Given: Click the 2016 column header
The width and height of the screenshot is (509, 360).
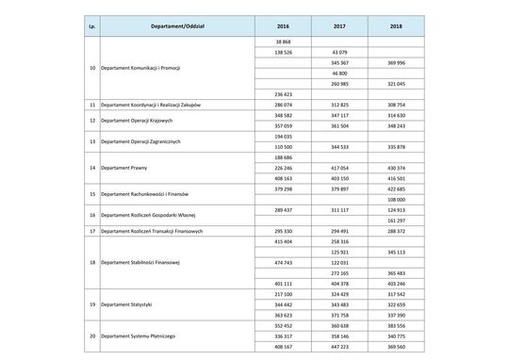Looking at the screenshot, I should click(282, 24).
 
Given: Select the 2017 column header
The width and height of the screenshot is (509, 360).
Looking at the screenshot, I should click(338, 24).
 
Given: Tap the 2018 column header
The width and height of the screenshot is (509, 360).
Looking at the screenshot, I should click(396, 24).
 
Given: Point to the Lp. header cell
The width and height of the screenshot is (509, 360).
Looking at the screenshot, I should click(91, 24).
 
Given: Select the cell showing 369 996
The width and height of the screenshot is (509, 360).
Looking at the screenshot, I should click(396, 62).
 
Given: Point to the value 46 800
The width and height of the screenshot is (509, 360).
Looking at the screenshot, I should click(338, 73).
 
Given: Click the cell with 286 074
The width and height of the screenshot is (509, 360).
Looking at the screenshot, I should click(282, 106).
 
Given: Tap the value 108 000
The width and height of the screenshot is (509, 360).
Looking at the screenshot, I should click(396, 199).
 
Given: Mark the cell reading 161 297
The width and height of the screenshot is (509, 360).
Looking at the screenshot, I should click(396, 219).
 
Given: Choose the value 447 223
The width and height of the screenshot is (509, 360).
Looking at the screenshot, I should click(338, 346).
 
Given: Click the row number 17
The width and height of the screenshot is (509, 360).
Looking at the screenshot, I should click(91, 229).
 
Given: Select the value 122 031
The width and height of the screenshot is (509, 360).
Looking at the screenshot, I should click(338, 262).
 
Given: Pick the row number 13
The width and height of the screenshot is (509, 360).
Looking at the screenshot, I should click(91, 141).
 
